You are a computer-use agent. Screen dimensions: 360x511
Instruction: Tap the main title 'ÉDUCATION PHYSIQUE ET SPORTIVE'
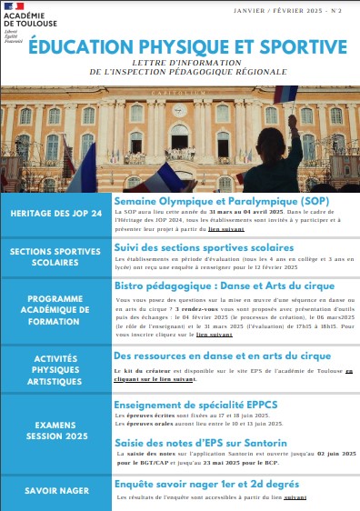coord(186,45)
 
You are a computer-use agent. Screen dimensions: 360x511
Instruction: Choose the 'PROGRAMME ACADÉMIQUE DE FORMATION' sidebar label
coord(54,310)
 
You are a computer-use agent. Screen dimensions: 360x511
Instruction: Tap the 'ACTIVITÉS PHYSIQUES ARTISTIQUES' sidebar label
coord(54,370)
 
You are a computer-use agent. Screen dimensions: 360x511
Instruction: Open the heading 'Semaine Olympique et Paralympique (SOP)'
coord(221,198)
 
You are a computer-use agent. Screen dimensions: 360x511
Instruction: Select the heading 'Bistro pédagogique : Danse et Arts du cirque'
coord(226,285)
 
